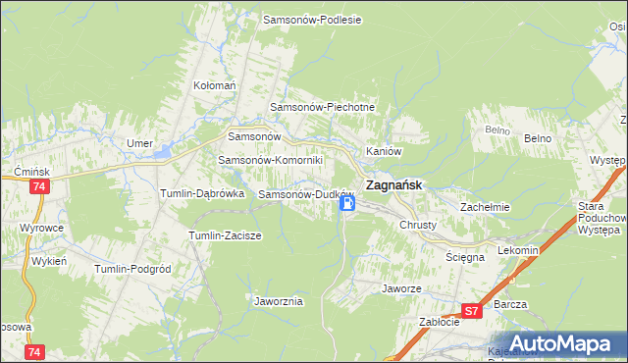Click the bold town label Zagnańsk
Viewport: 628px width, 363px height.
click(394, 183)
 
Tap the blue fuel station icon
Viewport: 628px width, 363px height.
click(347, 204)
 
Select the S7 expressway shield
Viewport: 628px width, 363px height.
click(472, 311)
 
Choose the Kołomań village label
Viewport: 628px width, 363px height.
click(215, 86)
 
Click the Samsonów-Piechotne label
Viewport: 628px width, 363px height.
click(323, 106)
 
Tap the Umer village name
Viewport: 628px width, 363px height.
click(139, 143)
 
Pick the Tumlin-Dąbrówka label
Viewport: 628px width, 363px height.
click(201, 193)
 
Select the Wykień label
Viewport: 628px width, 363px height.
click(48, 261)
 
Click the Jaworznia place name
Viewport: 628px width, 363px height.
click(278, 301)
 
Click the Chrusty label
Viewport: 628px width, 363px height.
click(417, 225)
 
